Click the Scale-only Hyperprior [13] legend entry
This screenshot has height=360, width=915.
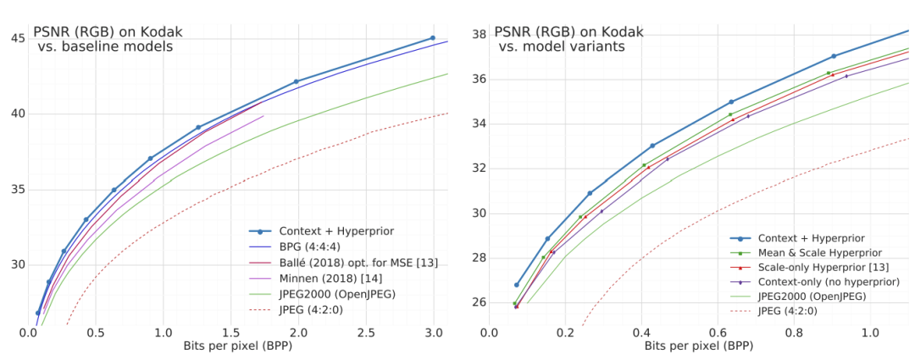[x=828, y=267]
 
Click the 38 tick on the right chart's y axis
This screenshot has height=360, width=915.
[x=477, y=35]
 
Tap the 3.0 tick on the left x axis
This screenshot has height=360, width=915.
[x=434, y=335]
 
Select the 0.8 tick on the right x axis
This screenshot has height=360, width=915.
[x=794, y=335]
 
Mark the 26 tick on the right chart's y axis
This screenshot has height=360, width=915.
[x=477, y=302]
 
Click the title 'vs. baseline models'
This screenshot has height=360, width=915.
[x=105, y=47]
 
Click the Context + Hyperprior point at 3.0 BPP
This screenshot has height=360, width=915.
[x=433, y=38]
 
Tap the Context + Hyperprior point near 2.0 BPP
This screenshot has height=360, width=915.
[x=296, y=81]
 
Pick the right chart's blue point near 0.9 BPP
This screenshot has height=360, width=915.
[x=834, y=56]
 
